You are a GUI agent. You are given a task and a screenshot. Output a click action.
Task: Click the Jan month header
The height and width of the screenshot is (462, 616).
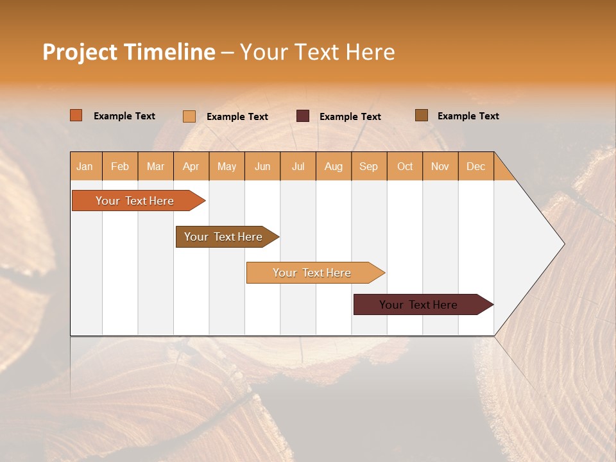85,166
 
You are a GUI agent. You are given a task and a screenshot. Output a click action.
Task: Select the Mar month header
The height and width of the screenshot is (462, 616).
155,166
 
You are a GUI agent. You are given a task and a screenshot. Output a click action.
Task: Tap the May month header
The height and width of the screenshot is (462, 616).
227,166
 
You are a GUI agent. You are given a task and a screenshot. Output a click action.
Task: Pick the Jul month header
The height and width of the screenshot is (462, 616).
298,166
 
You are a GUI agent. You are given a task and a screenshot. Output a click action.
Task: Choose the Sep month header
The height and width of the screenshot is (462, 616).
368,166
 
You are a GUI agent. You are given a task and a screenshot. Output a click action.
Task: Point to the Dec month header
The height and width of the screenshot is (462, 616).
475,166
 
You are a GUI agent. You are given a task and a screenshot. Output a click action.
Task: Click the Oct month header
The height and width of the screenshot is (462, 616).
405,166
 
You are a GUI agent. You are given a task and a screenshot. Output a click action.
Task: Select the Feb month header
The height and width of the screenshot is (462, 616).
120,166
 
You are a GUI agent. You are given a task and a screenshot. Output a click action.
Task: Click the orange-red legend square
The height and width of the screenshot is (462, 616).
76,116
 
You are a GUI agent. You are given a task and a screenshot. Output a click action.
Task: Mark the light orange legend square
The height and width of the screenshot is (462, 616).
189,116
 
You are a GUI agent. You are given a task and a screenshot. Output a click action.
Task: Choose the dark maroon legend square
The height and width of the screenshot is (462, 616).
303,116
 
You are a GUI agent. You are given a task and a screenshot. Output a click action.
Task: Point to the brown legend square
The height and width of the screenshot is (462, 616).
422,116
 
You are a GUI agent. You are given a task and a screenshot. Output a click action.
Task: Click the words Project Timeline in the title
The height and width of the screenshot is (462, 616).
128,52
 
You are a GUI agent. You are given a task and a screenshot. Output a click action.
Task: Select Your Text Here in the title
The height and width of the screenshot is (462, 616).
317,52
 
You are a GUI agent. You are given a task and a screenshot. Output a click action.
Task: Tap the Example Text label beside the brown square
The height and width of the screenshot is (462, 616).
468,116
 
